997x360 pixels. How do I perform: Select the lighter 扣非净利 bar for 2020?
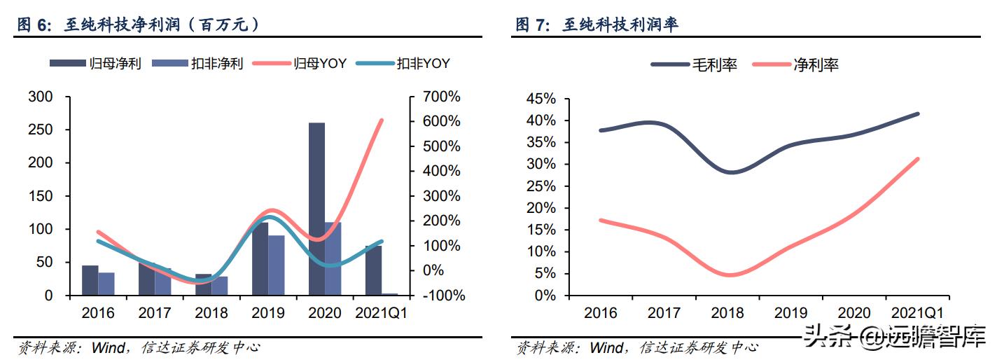coord(333,258)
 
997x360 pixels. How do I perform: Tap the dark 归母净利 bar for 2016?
coord(90,280)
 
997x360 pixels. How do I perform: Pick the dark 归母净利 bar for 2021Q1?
coord(373,270)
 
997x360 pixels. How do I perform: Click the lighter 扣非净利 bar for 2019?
coord(277,265)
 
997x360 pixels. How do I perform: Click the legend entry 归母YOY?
coord(320,64)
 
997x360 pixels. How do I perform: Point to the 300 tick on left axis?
coord(40,97)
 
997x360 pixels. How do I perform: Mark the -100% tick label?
coord(442,296)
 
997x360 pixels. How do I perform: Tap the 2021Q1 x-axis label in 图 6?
coord(381,312)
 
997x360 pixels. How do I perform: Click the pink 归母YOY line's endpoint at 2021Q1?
coord(381,120)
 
